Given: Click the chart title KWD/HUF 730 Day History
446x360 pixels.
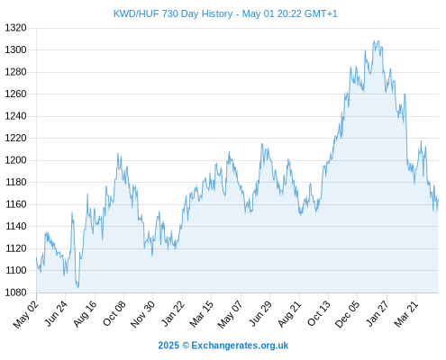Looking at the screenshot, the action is point(173,13).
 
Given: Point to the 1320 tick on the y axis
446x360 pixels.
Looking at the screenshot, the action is point(15,28).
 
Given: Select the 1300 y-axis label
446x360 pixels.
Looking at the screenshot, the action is point(15,49).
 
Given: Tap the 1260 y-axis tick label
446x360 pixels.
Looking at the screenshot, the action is point(15,94).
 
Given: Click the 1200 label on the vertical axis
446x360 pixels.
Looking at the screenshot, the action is point(15,160).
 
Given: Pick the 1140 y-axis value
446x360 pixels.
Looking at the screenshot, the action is point(15,226).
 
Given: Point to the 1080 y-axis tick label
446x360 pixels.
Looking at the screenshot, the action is point(15,292).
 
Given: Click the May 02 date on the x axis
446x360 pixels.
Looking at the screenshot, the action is point(26,314).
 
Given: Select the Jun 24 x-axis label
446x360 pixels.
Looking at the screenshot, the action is point(56,313).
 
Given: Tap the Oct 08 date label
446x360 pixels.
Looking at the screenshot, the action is point(114,313).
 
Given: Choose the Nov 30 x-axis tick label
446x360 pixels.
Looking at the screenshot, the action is point(142,314).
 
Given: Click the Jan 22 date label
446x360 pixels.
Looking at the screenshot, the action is point(173,313).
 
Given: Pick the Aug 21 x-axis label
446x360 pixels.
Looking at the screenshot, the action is point(289,313).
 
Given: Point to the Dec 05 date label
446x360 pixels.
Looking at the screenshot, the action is point(347,314).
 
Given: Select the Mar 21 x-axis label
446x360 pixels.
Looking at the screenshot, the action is point(406,313).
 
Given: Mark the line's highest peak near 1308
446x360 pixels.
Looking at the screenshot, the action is point(375,41).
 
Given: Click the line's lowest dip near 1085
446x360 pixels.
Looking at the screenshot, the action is point(78,287).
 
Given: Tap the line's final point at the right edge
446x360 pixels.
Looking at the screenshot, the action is point(438,200).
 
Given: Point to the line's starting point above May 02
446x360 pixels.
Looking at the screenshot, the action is point(37,257).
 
